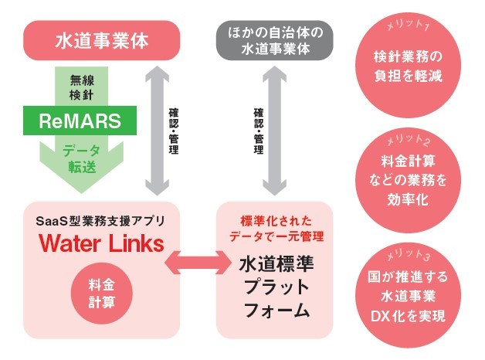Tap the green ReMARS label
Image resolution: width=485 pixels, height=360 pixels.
click(x=81, y=121)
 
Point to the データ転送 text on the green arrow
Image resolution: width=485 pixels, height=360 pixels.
click(x=80, y=158)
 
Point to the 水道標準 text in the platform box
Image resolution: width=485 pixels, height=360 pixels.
click(x=276, y=263)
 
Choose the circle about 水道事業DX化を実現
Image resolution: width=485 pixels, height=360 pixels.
click(x=407, y=297)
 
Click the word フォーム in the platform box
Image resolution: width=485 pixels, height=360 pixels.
click(x=276, y=312)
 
